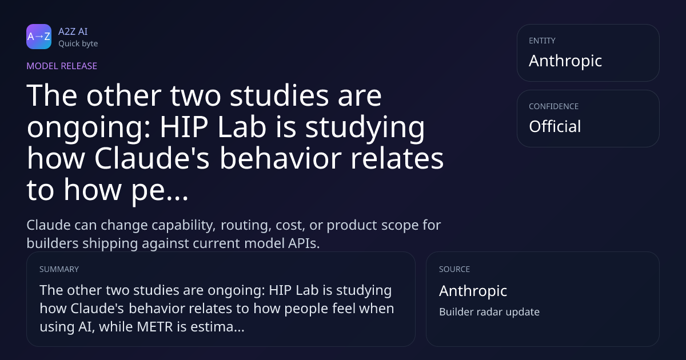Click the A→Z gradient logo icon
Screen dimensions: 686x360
coord(39,37)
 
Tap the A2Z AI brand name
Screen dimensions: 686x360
coord(73,31)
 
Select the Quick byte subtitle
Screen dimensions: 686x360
coord(78,44)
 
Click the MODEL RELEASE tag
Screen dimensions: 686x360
coord(62,66)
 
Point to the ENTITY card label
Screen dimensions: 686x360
coord(542,41)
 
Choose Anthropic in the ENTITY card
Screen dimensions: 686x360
coord(565,61)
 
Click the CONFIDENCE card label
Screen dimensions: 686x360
coord(554,106)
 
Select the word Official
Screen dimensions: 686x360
coord(555,126)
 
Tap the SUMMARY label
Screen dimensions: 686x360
coord(59,269)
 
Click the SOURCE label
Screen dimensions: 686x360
coord(454,269)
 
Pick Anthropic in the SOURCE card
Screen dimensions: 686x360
coord(473,290)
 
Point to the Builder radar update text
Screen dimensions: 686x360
coord(489,311)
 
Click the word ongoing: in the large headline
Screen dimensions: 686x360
coord(89,127)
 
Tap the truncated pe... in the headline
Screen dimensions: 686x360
coord(159,190)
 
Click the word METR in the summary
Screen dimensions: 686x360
coord(155,327)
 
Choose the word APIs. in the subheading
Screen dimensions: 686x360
coord(304,243)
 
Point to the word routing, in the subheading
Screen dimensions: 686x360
coord(246,226)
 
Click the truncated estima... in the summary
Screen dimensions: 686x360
coord(217,327)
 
